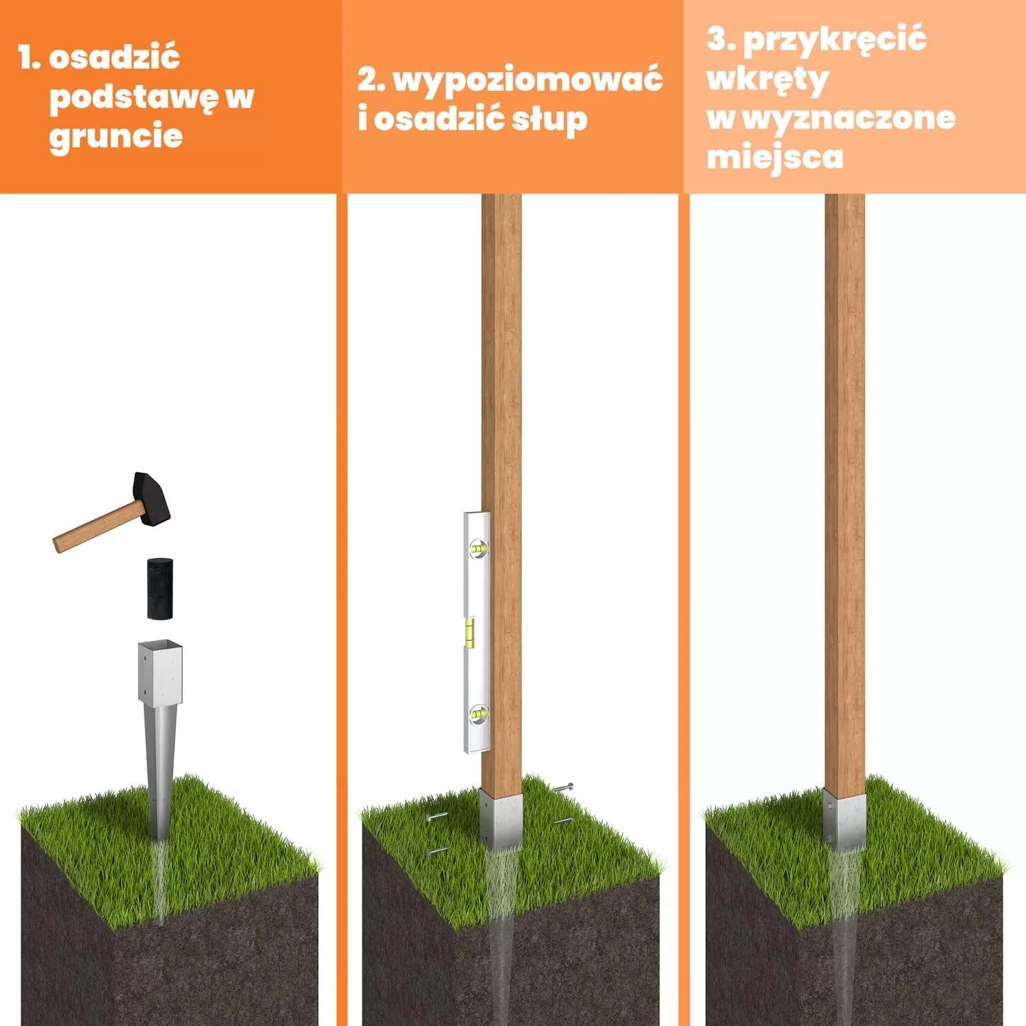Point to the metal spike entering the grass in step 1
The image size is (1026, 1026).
click(x=161, y=773)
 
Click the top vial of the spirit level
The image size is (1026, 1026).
click(x=477, y=547)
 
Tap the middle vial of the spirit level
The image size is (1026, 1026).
click(x=470, y=632)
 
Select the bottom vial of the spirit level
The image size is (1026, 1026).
click(x=477, y=715)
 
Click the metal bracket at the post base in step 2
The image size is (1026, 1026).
click(x=501, y=819)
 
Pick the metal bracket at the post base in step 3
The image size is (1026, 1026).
click(x=844, y=819)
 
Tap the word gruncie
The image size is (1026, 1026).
click(x=116, y=135)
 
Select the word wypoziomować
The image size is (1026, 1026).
click(x=527, y=79)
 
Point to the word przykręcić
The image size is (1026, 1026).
click(x=834, y=40)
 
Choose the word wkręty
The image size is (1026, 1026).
click(x=767, y=79)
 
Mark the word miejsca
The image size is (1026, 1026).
click(x=774, y=157)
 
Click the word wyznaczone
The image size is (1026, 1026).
click(x=848, y=118)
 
